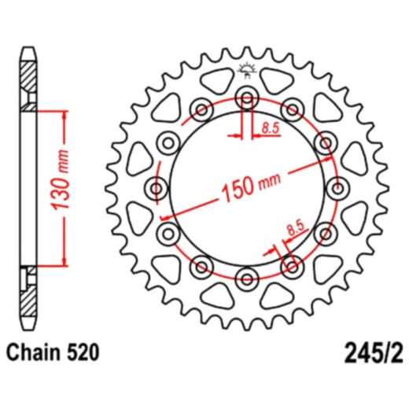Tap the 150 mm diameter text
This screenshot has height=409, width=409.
click(250, 186)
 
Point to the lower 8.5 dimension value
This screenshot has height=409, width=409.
click(296, 229)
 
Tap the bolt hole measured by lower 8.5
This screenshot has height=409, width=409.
click(293, 265)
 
